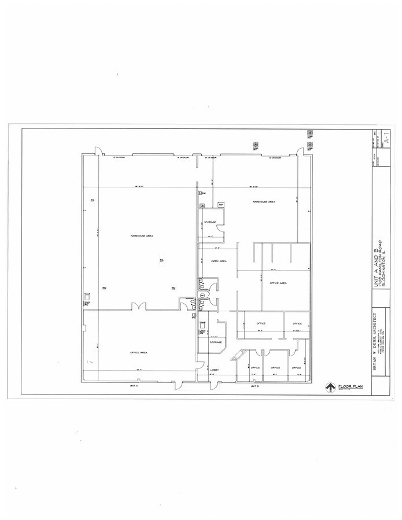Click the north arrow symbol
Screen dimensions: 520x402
(x=330, y=388)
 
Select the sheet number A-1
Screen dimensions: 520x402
(x=386, y=139)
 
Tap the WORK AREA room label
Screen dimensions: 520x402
(x=218, y=261)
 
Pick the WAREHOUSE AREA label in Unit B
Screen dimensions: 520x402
(x=263, y=202)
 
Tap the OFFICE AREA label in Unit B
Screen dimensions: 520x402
(x=278, y=283)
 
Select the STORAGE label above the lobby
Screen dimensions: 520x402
(x=215, y=342)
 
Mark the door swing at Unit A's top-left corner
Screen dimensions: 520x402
(x=98, y=153)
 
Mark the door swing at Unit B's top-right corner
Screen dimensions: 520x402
(x=300, y=152)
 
